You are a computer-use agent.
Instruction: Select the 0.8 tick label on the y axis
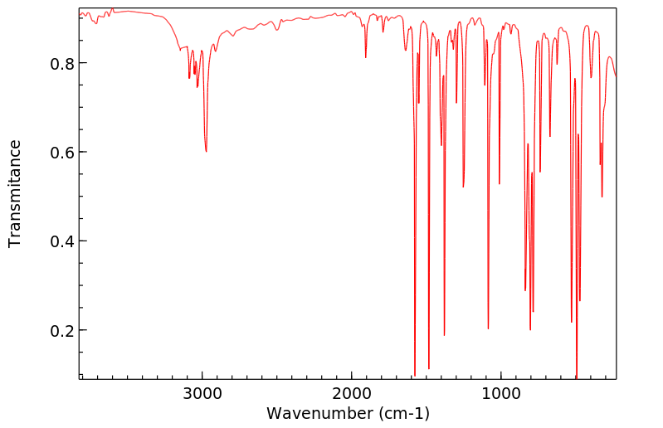[x=61, y=64]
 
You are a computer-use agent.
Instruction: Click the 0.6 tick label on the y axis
[x=61, y=153]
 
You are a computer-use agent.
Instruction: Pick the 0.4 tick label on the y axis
[x=61, y=241]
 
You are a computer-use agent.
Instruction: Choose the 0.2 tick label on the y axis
[x=61, y=330]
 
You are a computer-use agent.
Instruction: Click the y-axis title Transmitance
[x=15, y=193]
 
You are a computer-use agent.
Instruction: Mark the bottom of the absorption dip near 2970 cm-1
[x=206, y=151]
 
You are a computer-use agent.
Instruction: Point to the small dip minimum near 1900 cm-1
[x=366, y=57]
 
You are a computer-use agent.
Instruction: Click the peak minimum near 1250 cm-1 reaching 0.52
[x=463, y=187]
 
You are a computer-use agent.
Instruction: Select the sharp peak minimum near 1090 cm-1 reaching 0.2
[x=488, y=328]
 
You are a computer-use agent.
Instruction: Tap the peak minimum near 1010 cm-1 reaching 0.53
[x=500, y=183]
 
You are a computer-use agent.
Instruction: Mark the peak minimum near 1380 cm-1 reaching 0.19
[x=445, y=334]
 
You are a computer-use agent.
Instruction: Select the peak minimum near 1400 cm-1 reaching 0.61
[x=441, y=145]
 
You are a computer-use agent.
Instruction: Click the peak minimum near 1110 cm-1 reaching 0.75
[x=485, y=85]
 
